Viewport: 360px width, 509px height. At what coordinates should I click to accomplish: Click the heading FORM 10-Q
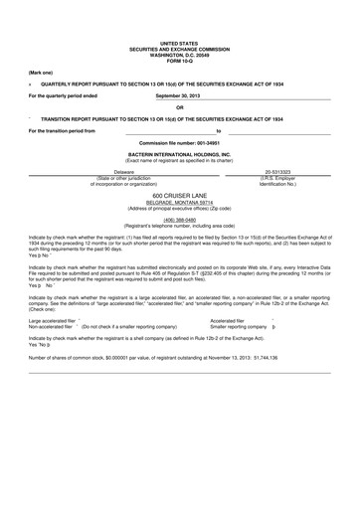click(179, 63)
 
